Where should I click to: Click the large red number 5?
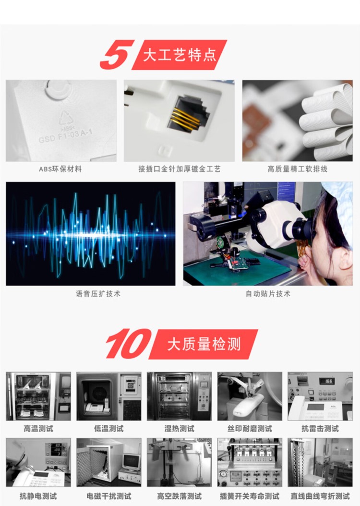[x=117, y=54]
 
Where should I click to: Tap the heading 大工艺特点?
[x=180, y=55]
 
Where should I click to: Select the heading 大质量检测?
[x=204, y=344]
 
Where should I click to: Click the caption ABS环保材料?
[x=60, y=169]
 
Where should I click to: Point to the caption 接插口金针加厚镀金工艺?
[x=180, y=169]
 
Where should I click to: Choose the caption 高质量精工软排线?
[x=298, y=169]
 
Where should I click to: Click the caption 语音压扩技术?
[x=98, y=294]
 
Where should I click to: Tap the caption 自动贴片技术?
[x=268, y=294]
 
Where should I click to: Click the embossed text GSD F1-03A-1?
[x=65, y=135]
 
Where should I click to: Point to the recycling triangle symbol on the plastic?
[x=66, y=118]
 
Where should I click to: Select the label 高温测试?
[x=38, y=429]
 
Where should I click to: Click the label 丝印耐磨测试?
[x=250, y=429]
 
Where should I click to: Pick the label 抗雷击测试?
[x=320, y=429]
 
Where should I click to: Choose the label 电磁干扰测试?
[x=108, y=496]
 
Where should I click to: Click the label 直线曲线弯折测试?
[x=320, y=496]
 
